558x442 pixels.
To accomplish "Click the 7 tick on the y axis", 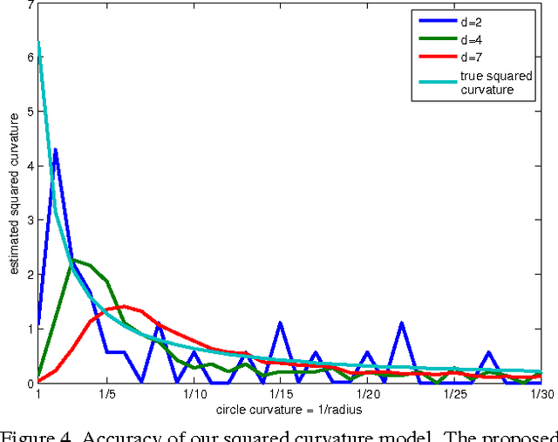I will pyautogui.click(x=31, y=5).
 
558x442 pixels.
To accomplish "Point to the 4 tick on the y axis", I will pyautogui.click(x=31, y=167).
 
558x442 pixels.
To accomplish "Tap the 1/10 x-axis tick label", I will pyautogui.click(x=194, y=394).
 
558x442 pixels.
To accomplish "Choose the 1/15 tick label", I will pyautogui.click(x=281, y=394).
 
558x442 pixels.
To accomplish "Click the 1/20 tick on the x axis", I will pyautogui.click(x=368, y=394).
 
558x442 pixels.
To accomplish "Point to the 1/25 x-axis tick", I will pyautogui.click(x=455, y=394).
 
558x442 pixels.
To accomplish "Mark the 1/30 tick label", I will pyautogui.click(x=541, y=394).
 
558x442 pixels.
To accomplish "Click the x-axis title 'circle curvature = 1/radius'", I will pyautogui.click(x=289, y=410).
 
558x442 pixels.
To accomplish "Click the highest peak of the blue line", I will pyautogui.click(x=56, y=150).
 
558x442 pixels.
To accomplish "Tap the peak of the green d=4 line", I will pyautogui.click(x=73, y=260).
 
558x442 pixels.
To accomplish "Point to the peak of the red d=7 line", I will pyautogui.click(x=125, y=306).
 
